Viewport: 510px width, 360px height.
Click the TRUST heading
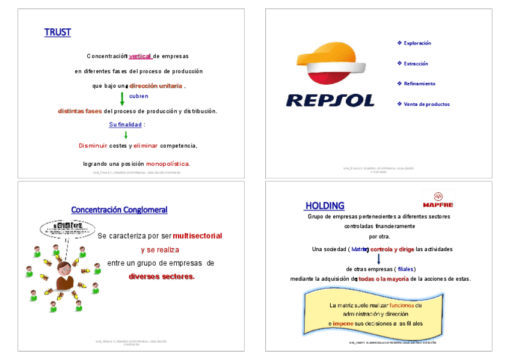tap(57, 32)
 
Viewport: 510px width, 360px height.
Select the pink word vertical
tap(140, 56)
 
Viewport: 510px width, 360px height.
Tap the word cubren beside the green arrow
tap(138, 96)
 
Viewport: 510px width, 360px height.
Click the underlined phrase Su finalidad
tap(125, 124)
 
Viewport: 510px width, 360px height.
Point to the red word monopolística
tap(168, 163)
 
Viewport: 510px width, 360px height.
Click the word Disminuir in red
tap(93, 145)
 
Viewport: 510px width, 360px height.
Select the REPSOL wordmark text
tap(330, 100)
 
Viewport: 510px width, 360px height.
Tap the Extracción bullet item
tap(416, 64)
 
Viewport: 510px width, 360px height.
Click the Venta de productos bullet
tap(426, 104)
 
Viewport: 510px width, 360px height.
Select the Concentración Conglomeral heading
tap(119, 210)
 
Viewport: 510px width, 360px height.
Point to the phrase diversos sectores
tap(161, 276)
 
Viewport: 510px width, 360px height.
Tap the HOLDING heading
tap(325, 206)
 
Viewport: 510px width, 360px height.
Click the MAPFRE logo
tap(438, 200)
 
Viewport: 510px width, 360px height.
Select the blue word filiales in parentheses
tap(406, 269)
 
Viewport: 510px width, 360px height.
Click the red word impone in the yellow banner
tap(343, 323)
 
